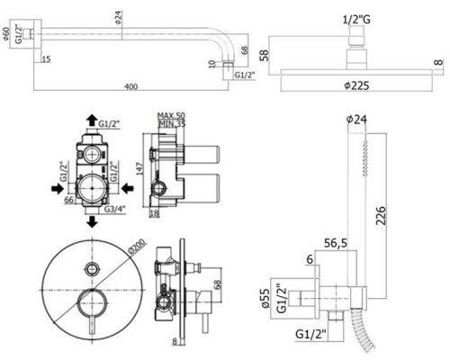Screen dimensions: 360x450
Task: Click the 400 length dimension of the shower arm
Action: pyautogui.click(x=133, y=85)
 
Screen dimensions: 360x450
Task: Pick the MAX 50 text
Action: pyautogui.click(x=171, y=117)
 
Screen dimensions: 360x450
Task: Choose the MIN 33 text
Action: pyautogui.click(x=169, y=126)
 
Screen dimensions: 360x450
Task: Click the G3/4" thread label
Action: pyautogui.click(x=120, y=209)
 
